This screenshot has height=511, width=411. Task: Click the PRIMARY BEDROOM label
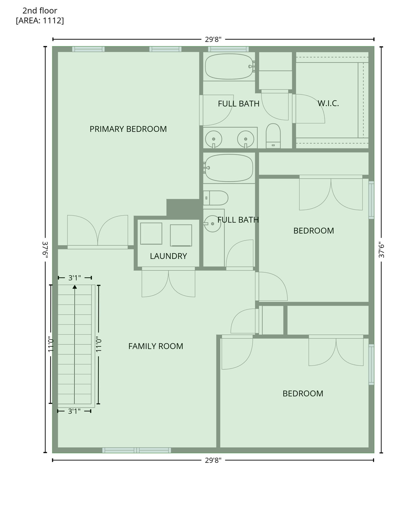tap(128, 129)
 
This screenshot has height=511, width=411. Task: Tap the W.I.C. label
tap(328, 103)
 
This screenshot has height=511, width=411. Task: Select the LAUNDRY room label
tap(168, 256)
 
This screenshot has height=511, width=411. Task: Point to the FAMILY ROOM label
tap(156, 346)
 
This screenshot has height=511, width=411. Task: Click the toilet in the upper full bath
tap(273, 136)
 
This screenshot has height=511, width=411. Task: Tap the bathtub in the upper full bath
tap(229, 67)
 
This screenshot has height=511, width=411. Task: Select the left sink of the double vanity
tap(213, 139)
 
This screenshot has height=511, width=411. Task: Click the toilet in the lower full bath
tap(216, 198)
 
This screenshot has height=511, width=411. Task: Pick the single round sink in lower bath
tap(212, 224)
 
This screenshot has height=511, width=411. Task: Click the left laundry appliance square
tap(151, 234)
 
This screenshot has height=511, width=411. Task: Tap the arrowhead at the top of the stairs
tap(75, 287)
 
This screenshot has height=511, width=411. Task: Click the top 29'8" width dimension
tap(213, 40)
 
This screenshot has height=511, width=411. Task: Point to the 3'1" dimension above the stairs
tap(75, 278)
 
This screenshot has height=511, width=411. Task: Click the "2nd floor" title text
tap(40, 11)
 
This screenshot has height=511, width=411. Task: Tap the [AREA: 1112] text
tap(40, 21)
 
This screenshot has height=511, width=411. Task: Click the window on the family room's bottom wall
tap(136, 450)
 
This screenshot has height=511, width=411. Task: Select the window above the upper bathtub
tap(228, 49)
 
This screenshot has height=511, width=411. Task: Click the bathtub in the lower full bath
tap(229, 168)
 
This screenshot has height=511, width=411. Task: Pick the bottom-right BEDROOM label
tap(303, 394)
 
